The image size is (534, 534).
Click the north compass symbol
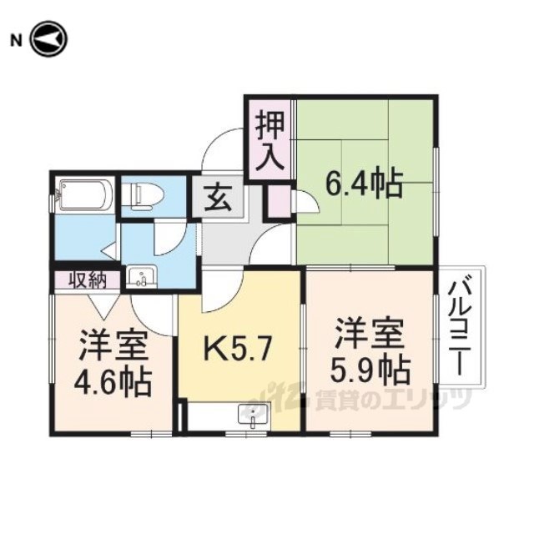[x=49, y=39]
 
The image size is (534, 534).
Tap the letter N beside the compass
[x=16, y=41]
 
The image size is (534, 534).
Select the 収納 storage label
[x=88, y=280]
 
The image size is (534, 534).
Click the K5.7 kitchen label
[x=238, y=347]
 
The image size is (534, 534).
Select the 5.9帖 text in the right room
[x=370, y=369]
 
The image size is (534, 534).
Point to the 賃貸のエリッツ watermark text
[x=393, y=399]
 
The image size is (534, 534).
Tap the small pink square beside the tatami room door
[x=280, y=201]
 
